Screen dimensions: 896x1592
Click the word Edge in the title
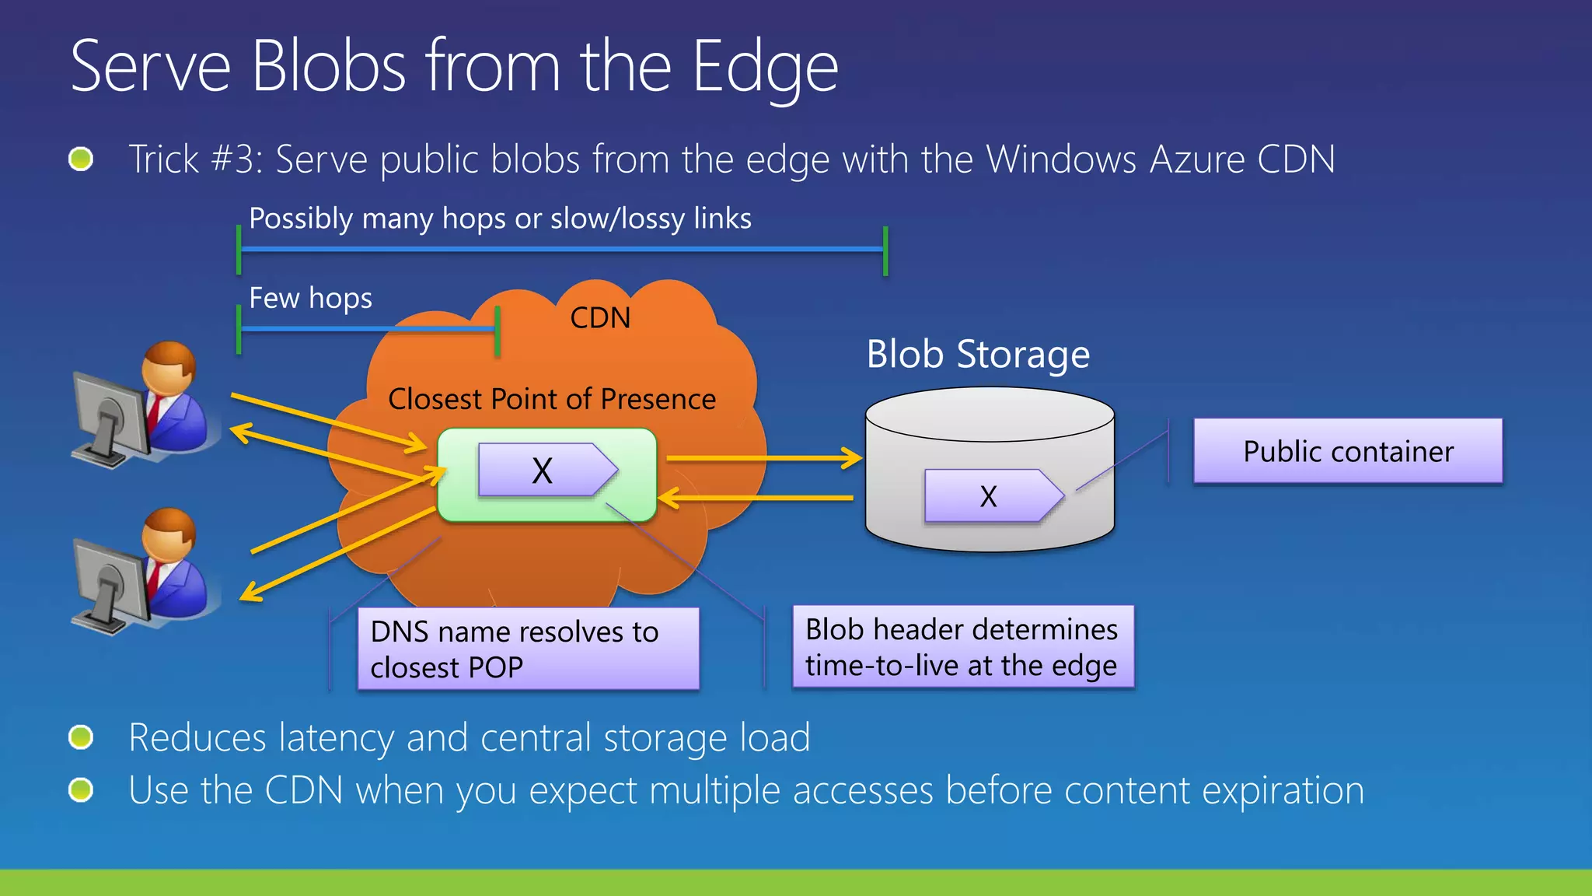[765, 68]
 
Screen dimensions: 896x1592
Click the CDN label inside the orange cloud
[600, 318]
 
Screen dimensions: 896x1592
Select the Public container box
[1348, 451]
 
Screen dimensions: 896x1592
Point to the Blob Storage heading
[978, 355]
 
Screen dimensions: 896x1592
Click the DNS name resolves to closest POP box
[528, 649]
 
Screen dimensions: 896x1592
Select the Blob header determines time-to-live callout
[962, 647]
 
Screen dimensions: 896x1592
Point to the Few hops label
[310, 298]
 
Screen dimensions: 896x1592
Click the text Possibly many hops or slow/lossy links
[500, 219]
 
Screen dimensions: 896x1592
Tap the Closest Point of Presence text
[552, 399]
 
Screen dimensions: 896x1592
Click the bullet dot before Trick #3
[81, 159]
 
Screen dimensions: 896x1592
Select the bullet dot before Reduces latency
[81, 737]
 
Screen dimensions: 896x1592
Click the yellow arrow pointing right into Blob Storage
[766, 458]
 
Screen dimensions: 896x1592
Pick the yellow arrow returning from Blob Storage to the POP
[758, 498]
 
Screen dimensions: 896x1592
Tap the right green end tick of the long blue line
[885, 250]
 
